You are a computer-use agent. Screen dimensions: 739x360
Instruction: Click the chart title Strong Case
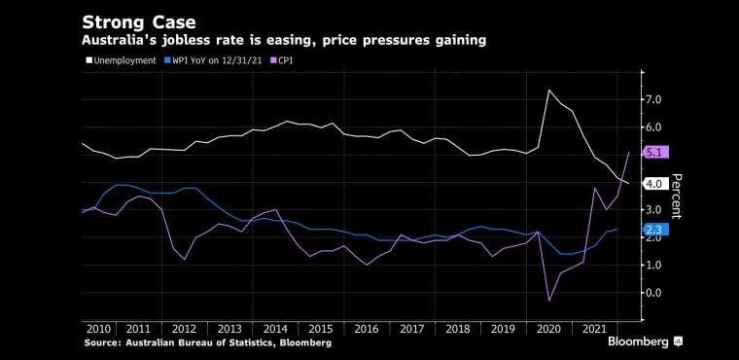coord(138,22)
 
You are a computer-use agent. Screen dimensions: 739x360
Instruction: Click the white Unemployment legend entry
coord(122,61)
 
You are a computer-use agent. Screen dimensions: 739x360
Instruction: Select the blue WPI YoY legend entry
coord(212,61)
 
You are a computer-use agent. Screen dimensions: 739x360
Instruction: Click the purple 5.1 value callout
coord(656,153)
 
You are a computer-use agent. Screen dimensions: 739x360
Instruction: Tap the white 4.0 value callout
coord(656,184)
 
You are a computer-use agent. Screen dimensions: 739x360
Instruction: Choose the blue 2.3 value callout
coord(656,230)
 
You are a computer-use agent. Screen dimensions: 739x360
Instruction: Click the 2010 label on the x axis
coord(99,329)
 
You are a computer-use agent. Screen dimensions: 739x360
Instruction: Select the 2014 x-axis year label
coord(276,329)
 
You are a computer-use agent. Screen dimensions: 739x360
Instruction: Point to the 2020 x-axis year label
coord(549,329)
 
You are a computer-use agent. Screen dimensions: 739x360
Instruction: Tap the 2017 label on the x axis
coord(412,329)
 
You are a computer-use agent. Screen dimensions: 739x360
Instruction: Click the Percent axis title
coord(677,197)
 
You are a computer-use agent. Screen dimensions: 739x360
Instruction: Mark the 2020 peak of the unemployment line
coord(549,90)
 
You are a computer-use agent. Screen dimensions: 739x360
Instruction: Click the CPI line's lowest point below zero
coord(549,301)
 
